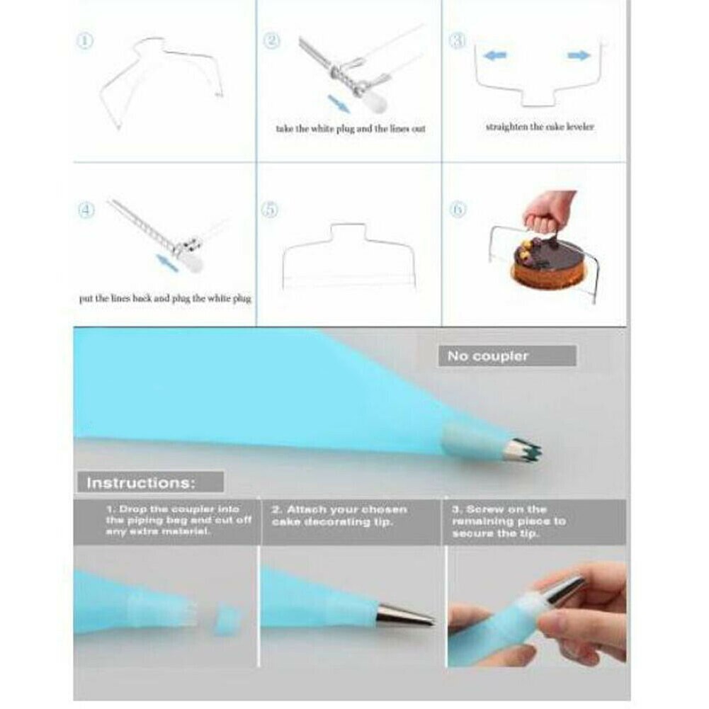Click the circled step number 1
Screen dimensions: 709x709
pos(85,41)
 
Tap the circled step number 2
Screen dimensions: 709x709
pos(272,41)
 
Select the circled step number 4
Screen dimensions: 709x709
pos(85,210)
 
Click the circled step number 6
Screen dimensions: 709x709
pos(458,210)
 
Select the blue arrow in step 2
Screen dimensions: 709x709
pos(341,104)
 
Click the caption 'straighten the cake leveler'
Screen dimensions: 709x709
pos(540,127)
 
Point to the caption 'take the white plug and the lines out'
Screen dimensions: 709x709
pos(351,130)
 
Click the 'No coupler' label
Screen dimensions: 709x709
pos(488,356)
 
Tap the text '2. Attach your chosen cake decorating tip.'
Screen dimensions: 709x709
pos(339,515)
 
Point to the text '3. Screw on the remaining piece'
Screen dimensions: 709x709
pos(507,521)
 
